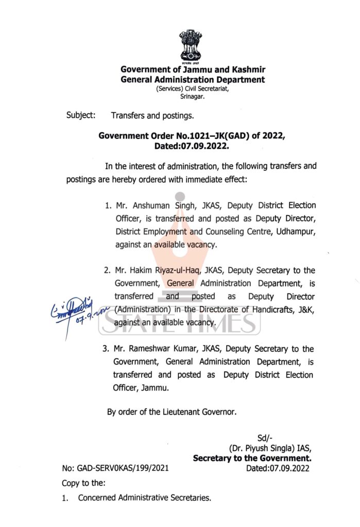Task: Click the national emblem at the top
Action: point(191,46)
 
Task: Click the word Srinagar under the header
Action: point(193,96)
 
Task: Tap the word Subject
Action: point(80,115)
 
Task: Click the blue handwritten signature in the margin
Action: point(70,309)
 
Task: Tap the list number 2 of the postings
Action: point(108,270)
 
